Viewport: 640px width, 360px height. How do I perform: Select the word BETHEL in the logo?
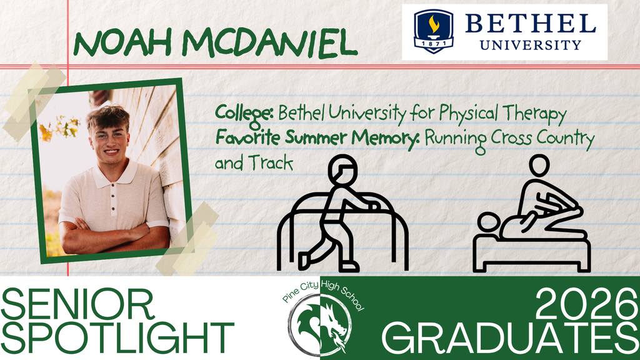tap(530, 24)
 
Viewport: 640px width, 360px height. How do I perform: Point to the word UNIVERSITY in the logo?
tap(530, 44)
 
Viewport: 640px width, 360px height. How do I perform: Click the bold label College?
tap(244, 114)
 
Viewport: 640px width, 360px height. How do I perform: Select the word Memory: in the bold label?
tap(389, 137)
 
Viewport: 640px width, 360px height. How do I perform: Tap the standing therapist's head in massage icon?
tap(539, 166)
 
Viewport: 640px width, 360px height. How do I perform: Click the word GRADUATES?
tap(509, 339)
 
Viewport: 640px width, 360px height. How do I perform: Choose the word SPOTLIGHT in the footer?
tap(117, 339)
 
